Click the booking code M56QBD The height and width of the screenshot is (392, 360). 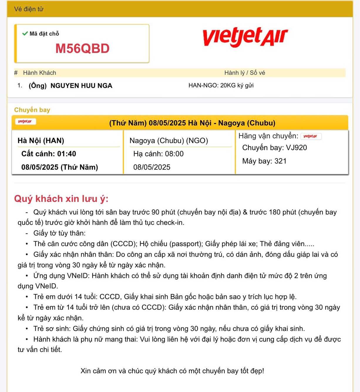pyautogui.click(x=82, y=49)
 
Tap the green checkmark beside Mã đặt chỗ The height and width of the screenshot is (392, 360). pyautogui.click(x=25, y=33)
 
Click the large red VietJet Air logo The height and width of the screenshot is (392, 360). pyautogui.click(x=245, y=37)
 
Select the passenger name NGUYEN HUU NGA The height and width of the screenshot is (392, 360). pyautogui.click(x=81, y=86)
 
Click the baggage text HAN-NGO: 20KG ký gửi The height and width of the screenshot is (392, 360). pyautogui.click(x=221, y=85)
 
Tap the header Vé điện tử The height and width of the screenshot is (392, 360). pyautogui.click(x=29, y=9)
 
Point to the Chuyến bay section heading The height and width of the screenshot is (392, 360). pyautogui.click(x=32, y=110)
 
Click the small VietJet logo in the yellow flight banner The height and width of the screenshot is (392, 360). pyautogui.click(x=25, y=121)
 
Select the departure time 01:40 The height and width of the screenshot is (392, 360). pyautogui.click(x=67, y=154)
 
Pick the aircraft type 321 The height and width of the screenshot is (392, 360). pyautogui.click(x=280, y=161)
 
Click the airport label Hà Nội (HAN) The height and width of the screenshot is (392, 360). pyautogui.click(x=41, y=141)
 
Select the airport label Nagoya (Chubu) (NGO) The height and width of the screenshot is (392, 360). pyautogui.click(x=169, y=141)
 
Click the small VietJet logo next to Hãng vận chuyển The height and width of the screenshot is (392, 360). pyautogui.click(x=310, y=136)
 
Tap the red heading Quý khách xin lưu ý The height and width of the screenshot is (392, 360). pyautogui.click(x=61, y=199)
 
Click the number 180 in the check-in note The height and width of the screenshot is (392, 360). pyautogui.click(x=275, y=212)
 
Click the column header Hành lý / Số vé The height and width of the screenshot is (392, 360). pyautogui.click(x=245, y=73)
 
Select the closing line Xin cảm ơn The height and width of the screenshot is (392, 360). pyautogui.click(x=172, y=371)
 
